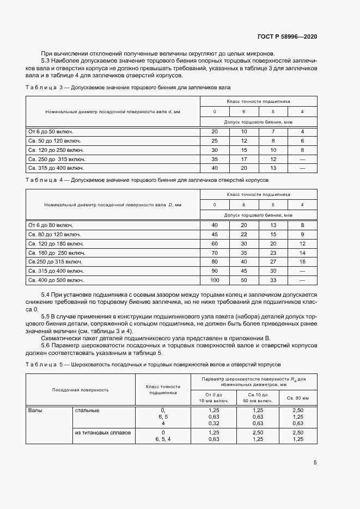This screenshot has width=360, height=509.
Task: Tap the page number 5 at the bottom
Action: point(315,463)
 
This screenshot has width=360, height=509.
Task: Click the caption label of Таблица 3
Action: point(45,87)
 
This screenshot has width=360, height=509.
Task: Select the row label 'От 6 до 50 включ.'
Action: point(51,132)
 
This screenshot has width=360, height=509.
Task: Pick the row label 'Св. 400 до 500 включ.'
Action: point(56,280)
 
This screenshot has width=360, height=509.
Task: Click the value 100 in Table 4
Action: point(214,280)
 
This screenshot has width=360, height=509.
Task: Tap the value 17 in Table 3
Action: point(243,160)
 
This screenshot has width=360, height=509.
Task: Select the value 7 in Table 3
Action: point(273,132)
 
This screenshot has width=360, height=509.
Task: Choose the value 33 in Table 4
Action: point(273,280)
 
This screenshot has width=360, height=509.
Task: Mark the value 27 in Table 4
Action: point(273,261)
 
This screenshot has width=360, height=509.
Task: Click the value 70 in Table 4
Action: point(214,253)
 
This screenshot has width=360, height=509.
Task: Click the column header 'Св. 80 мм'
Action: point(297,398)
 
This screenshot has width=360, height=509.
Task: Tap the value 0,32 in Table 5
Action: point(214,423)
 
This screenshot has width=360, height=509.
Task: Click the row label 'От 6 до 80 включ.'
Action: point(51,225)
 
